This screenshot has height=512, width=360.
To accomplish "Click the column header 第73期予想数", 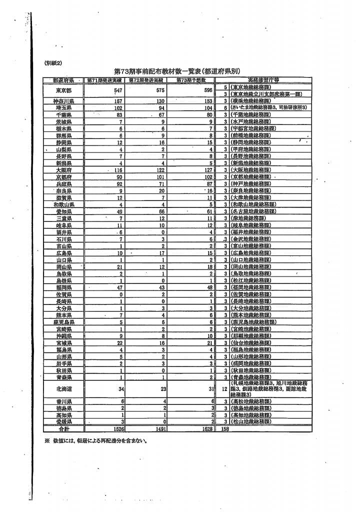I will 189,80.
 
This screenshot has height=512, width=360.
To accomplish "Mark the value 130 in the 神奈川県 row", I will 160,101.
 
